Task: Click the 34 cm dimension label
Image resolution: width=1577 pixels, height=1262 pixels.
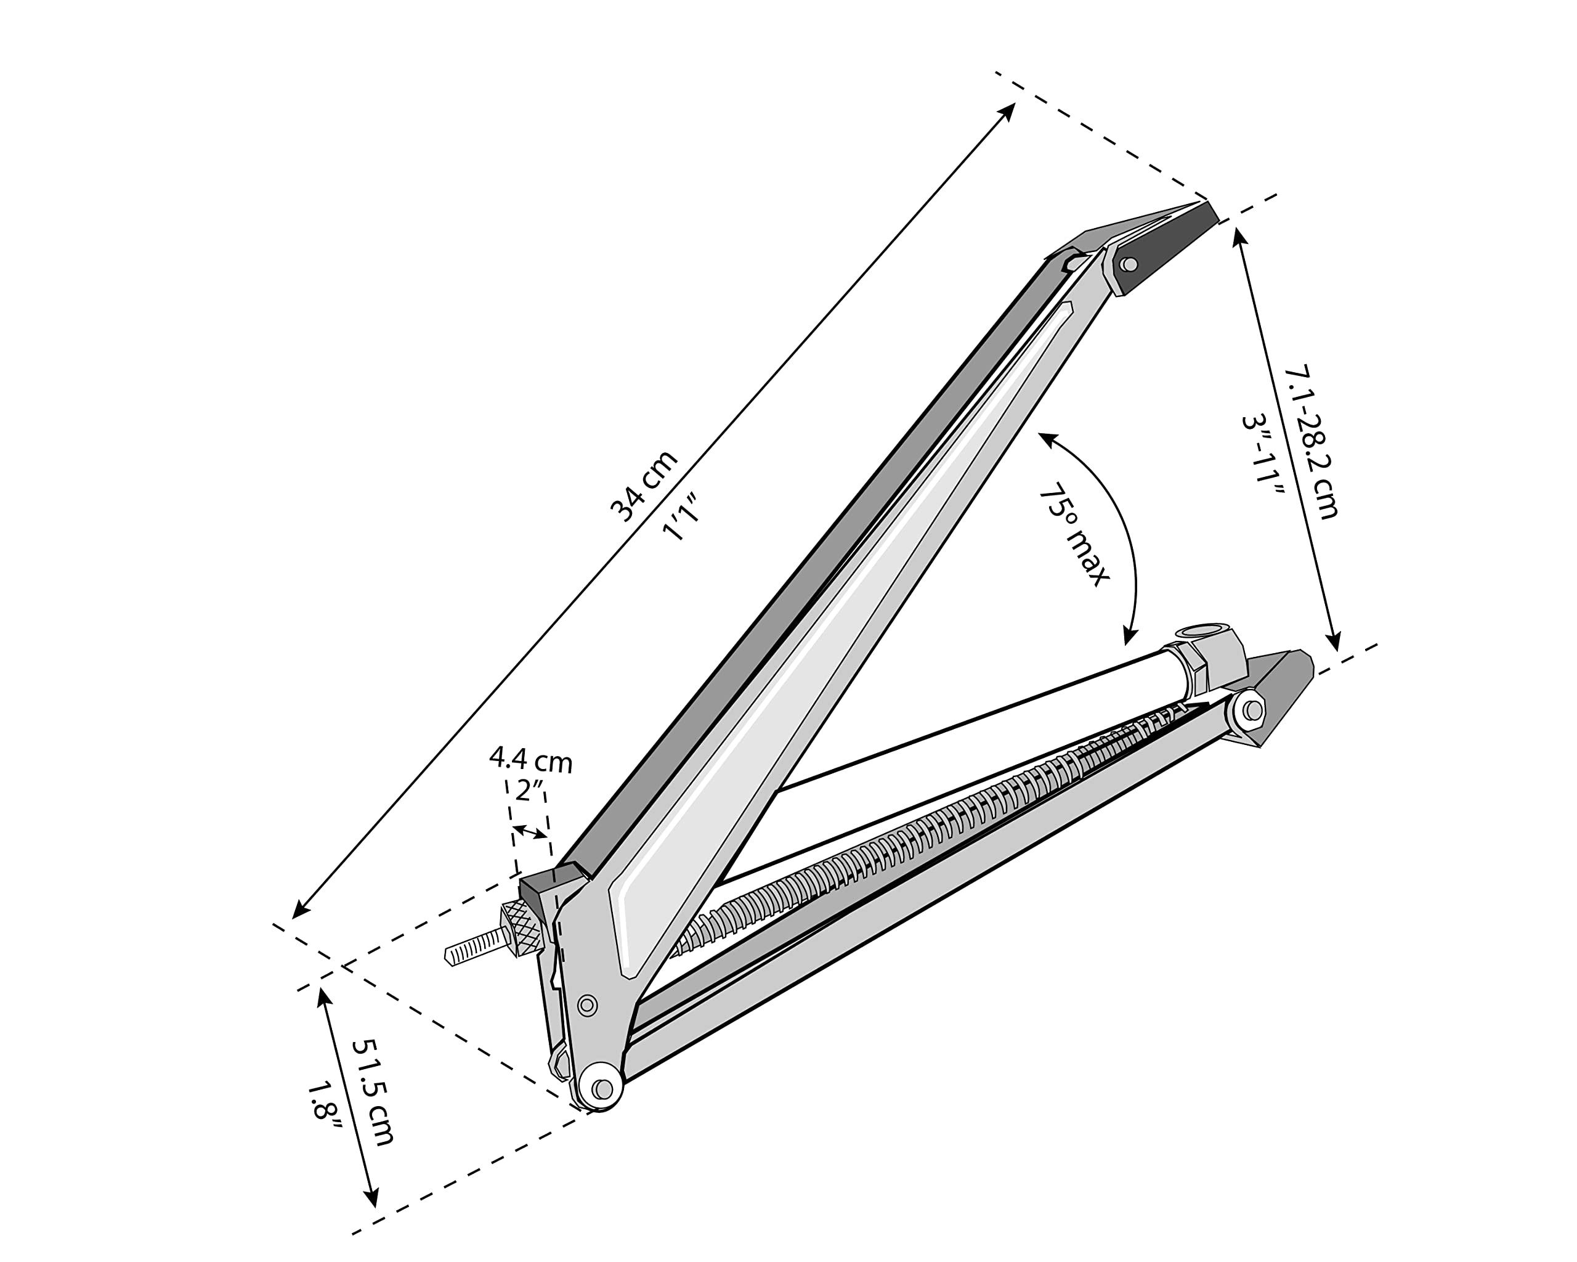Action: [644, 487]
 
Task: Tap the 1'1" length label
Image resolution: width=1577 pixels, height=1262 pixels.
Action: [682, 517]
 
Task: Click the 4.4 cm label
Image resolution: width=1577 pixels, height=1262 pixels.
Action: [530, 760]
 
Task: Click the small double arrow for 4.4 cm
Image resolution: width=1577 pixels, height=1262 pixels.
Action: [530, 832]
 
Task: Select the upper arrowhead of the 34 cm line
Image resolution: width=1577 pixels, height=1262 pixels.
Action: [1011, 108]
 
